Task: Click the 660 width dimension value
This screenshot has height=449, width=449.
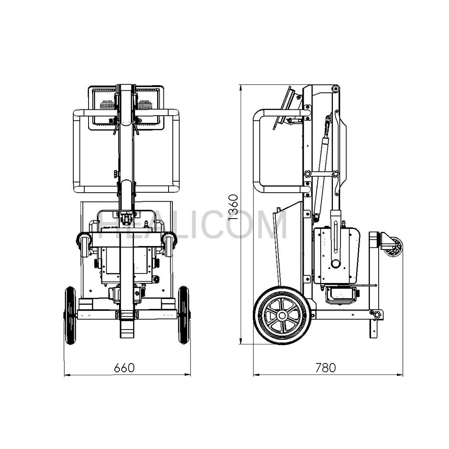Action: (x=124, y=368)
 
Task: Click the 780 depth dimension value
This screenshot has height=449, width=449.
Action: (x=325, y=368)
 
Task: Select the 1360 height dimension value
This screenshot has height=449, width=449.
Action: (x=233, y=208)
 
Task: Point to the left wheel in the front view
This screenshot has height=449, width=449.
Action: (x=70, y=315)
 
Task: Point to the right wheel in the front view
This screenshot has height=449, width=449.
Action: (x=184, y=315)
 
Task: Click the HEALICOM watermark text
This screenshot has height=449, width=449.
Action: (x=195, y=224)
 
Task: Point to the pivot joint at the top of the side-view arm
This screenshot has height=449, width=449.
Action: (x=335, y=89)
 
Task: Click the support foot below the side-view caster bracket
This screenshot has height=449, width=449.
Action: (x=373, y=329)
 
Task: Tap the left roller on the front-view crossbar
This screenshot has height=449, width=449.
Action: (x=83, y=245)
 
